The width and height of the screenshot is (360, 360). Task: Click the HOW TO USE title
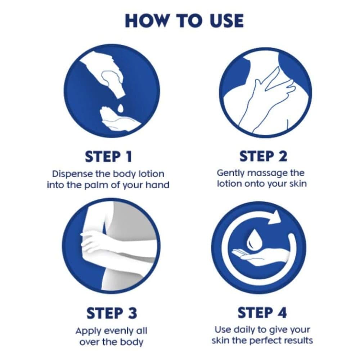pos(184,21)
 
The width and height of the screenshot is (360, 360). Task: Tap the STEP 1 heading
pos(109,157)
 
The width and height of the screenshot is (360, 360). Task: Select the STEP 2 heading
pos(263,156)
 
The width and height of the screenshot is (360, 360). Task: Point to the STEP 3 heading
pos(112,313)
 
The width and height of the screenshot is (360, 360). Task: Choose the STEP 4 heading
pos(262,313)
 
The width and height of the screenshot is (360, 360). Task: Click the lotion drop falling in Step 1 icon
pos(120,108)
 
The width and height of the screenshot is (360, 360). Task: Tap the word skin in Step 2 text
pos(298,184)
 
